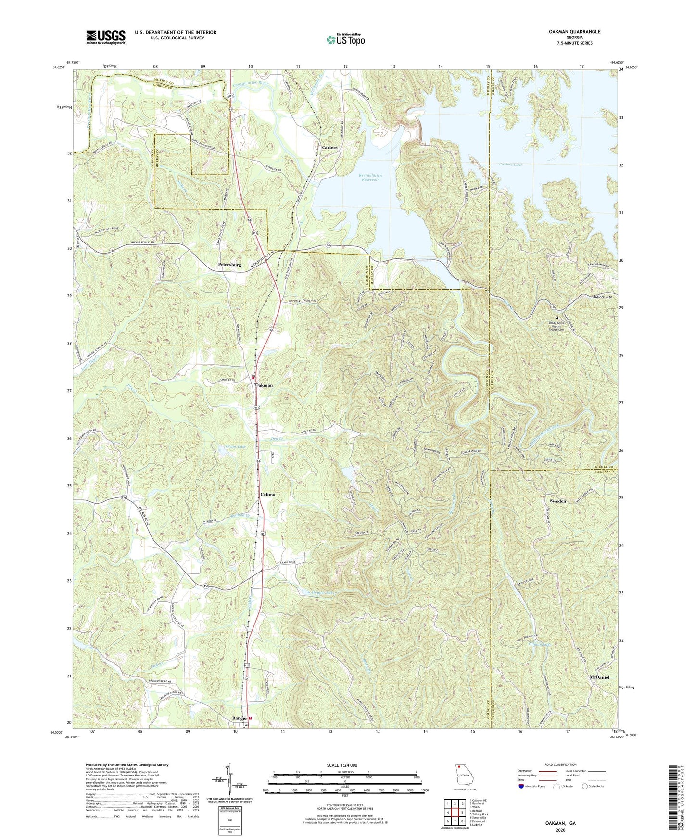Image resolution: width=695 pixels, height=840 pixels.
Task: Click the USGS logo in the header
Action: coord(106,37)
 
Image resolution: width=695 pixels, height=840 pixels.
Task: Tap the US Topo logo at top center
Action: coord(345,39)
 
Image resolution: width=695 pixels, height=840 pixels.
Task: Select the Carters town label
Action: coord(329,148)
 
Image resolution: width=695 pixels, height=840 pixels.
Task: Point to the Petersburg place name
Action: coord(229,265)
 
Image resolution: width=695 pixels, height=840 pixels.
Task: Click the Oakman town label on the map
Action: coord(264,385)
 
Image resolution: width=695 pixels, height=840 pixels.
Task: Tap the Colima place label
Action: coord(267,495)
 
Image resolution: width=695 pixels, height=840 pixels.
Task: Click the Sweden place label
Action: coord(558,501)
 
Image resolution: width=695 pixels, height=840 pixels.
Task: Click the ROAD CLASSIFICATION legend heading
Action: coord(560,764)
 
